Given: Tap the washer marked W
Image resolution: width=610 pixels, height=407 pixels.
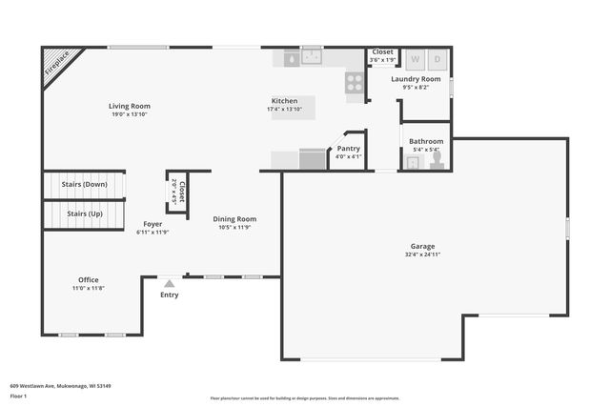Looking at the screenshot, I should pos(414,59).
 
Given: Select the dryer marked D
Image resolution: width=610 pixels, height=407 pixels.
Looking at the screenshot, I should pos(437,59).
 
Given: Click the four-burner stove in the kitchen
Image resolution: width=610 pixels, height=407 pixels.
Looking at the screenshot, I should pos(354,81).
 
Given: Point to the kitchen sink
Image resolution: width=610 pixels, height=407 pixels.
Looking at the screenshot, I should pos(311,57).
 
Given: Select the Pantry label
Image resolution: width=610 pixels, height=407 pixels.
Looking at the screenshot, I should pos(349,149).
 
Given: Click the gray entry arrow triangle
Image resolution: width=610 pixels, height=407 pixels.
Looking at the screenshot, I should pos(169,283).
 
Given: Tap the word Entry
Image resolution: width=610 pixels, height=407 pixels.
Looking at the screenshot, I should pos(169,295).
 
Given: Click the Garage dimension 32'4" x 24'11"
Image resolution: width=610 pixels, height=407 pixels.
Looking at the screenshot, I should pos(422,254).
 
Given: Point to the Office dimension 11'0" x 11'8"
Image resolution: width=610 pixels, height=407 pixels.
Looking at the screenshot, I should pos(89,288).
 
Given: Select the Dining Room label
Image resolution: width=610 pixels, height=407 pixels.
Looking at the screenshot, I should pos(234,219).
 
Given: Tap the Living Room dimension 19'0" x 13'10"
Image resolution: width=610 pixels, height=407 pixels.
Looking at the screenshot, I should pos(129,114).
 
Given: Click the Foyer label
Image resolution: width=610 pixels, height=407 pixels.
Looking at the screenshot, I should pos(152,224).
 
